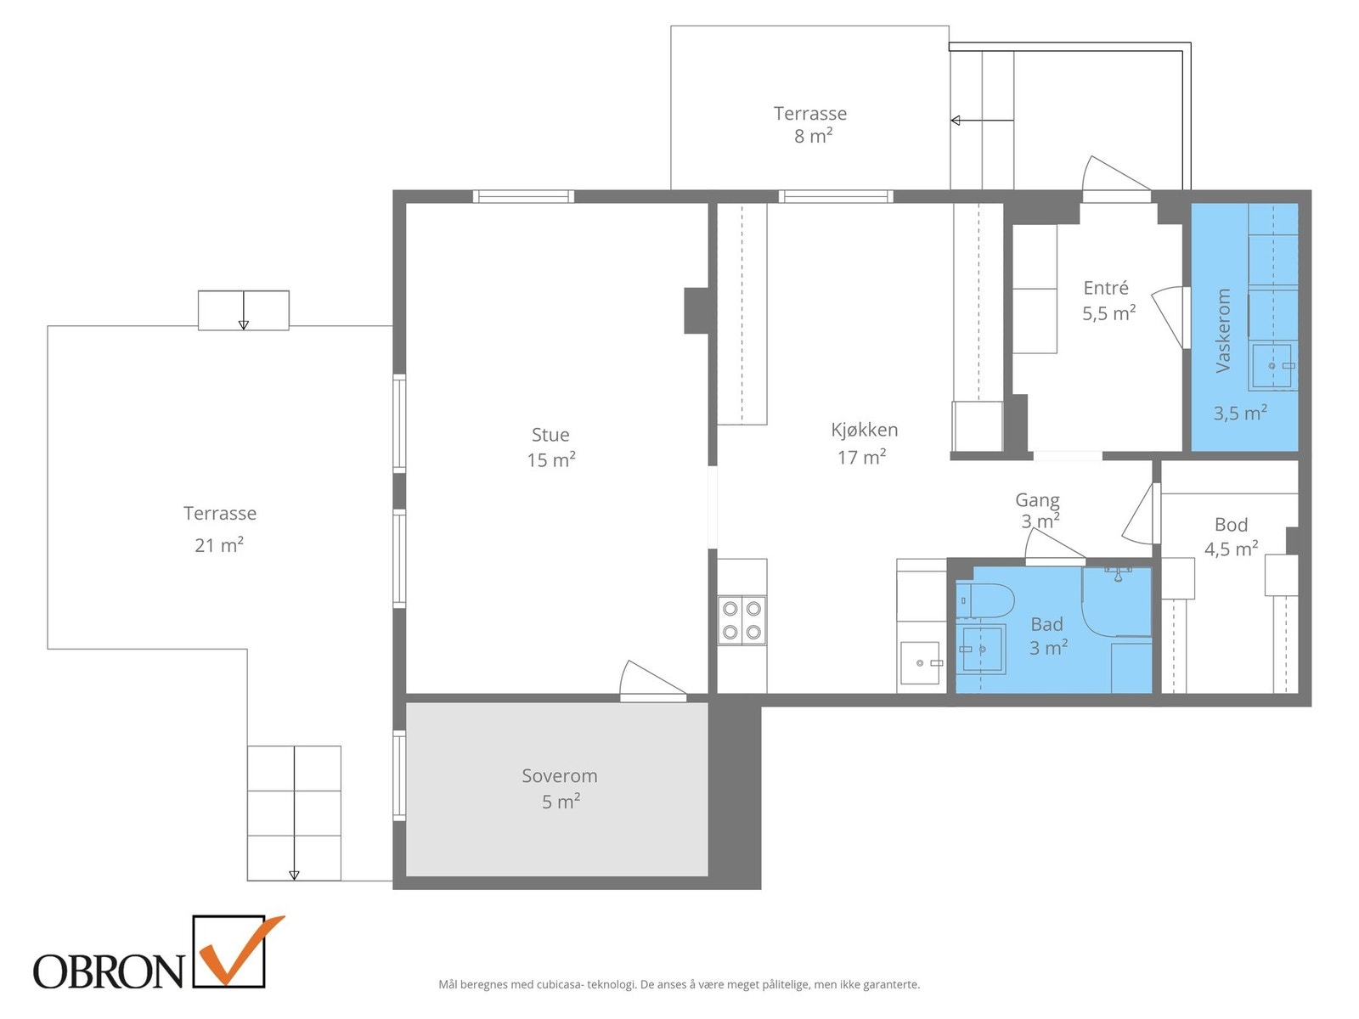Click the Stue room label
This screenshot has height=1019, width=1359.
(x=550, y=434)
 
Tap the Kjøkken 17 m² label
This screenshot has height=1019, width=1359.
(x=863, y=443)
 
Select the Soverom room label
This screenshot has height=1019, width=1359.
(x=559, y=775)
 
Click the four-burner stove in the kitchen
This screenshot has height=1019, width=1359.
(x=742, y=620)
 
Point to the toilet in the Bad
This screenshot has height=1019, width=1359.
(x=984, y=600)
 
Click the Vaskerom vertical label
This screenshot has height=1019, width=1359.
(x=1222, y=330)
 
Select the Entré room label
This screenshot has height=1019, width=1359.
(x=1106, y=288)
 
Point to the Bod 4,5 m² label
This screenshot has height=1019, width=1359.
(x=1231, y=537)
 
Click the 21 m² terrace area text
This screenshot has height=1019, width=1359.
(x=219, y=545)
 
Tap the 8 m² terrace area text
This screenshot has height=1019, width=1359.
(x=813, y=136)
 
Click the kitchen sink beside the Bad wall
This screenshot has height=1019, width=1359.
(x=920, y=662)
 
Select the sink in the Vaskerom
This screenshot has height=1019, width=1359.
(x=1272, y=366)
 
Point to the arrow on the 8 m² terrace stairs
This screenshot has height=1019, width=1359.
(x=982, y=120)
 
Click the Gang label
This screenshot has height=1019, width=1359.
(x=1037, y=499)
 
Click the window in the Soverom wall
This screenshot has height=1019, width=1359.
(x=399, y=776)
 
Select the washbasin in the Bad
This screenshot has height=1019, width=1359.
(x=981, y=649)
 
